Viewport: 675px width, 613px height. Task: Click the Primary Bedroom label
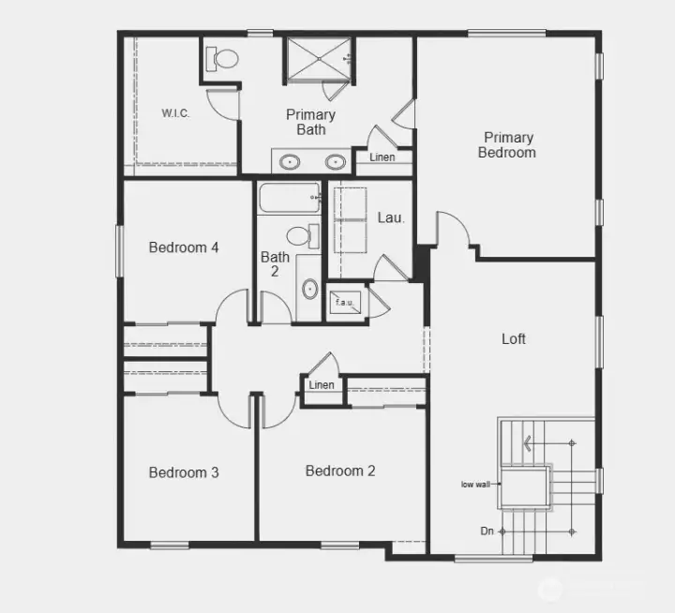coord(507,144)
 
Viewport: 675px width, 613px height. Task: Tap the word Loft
coord(514,339)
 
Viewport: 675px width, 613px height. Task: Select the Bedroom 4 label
coord(184,247)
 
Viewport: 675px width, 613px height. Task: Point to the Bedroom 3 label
coord(184,472)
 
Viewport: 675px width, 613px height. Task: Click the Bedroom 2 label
coord(340,471)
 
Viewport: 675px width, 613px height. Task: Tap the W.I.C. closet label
coord(175,113)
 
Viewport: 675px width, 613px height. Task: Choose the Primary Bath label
coord(311,122)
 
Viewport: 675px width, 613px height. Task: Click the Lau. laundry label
coord(391,217)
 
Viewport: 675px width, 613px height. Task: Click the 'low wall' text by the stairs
coord(477,485)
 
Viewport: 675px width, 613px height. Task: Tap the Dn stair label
coord(487,531)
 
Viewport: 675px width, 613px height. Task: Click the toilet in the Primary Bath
coord(225,58)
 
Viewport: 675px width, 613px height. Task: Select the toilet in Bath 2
coord(300,235)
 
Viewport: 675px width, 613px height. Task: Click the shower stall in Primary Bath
coord(316,58)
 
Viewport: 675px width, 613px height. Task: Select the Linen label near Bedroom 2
coord(322,385)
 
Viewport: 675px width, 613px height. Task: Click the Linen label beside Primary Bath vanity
coord(382,157)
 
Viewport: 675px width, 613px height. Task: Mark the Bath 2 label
coord(275,264)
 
